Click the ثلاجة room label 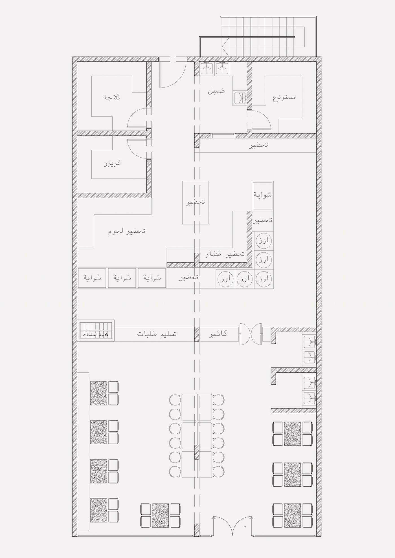pyautogui.click(x=112, y=97)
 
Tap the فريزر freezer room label pyautogui.click(x=112, y=163)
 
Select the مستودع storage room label pyautogui.click(x=284, y=97)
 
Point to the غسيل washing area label pyautogui.click(x=216, y=91)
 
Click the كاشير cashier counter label pyautogui.click(x=218, y=334)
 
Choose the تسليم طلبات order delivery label pyautogui.click(x=157, y=334)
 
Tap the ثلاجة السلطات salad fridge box pyautogui.click(x=96, y=330)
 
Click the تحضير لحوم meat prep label pyautogui.click(x=127, y=231)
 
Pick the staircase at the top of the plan pyautogui.click(x=258, y=36)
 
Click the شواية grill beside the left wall pyautogui.click(x=92, y=278)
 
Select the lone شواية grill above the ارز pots pyautogui.click(x=262, y=196)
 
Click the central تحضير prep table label pyautogui.click(x=195, y=202)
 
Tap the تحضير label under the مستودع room pyautogui.click(x=258, y=145)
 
